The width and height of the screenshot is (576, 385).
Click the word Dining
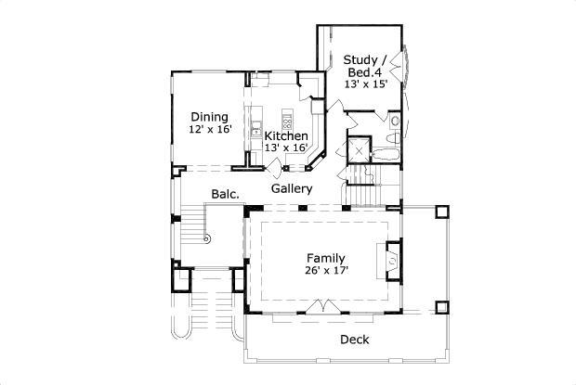pos(209,117)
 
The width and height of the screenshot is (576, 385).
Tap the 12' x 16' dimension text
pos(210,130)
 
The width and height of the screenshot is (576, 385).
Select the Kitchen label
pos(286,136)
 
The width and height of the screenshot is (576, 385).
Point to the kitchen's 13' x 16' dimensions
pos(286,148)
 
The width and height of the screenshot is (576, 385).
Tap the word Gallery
pos(292,189)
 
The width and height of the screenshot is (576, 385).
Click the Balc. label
pos(225,194)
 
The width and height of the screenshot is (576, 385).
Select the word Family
pos(326,259)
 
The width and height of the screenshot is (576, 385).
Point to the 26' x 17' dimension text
pos(326,271)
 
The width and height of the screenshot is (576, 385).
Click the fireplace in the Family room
pos(393,261)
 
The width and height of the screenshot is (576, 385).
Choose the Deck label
pos(355,340)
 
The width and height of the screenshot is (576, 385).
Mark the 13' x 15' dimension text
pos(366,84)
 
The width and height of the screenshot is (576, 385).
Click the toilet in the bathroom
pos(393,138)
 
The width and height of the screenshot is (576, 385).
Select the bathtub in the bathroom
pos(386,155)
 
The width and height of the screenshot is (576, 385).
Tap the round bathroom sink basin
pos(395,121)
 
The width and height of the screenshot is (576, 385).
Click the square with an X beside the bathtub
pos(359,150)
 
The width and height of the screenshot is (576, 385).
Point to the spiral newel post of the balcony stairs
pos(207,238)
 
